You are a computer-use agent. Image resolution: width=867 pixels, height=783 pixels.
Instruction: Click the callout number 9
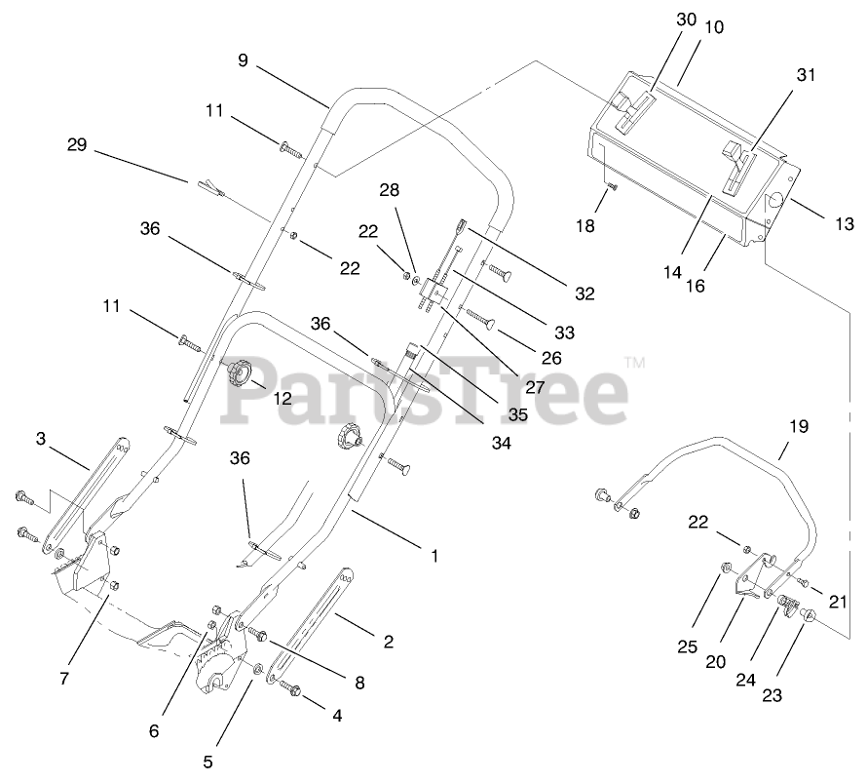243,60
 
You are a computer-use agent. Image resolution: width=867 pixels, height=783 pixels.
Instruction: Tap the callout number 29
77,145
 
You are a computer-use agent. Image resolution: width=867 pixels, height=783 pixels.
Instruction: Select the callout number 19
799,426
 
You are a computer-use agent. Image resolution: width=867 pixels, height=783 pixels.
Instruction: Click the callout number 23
773,696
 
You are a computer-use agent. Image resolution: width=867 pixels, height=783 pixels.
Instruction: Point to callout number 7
64,678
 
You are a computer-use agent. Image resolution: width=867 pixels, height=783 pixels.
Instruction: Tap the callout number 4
337,715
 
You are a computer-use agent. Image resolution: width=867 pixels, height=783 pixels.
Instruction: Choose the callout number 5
207,761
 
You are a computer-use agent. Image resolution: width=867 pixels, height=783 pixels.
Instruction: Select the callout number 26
551,358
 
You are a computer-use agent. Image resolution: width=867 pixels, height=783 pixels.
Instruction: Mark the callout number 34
502,443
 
